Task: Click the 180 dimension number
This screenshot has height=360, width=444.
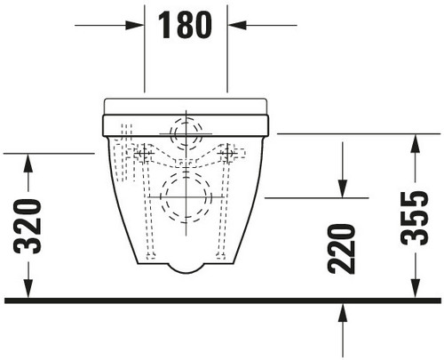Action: tap(185, 25)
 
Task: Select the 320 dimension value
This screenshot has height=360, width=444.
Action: tap(28, 227)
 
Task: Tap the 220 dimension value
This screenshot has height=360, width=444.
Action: tap(341, 249)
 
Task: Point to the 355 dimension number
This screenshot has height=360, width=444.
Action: tap(415, 219)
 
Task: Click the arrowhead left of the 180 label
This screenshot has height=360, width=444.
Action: tap(135, 25)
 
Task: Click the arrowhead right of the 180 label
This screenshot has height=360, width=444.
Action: tap(237, 25)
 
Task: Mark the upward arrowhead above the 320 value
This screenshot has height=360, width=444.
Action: tap(28, 164)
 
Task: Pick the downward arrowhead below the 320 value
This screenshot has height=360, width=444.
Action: tap(28, 288)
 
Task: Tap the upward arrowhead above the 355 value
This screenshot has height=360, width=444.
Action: tap(416, 144)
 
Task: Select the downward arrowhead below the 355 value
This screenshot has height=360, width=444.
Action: tap(416, 288)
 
